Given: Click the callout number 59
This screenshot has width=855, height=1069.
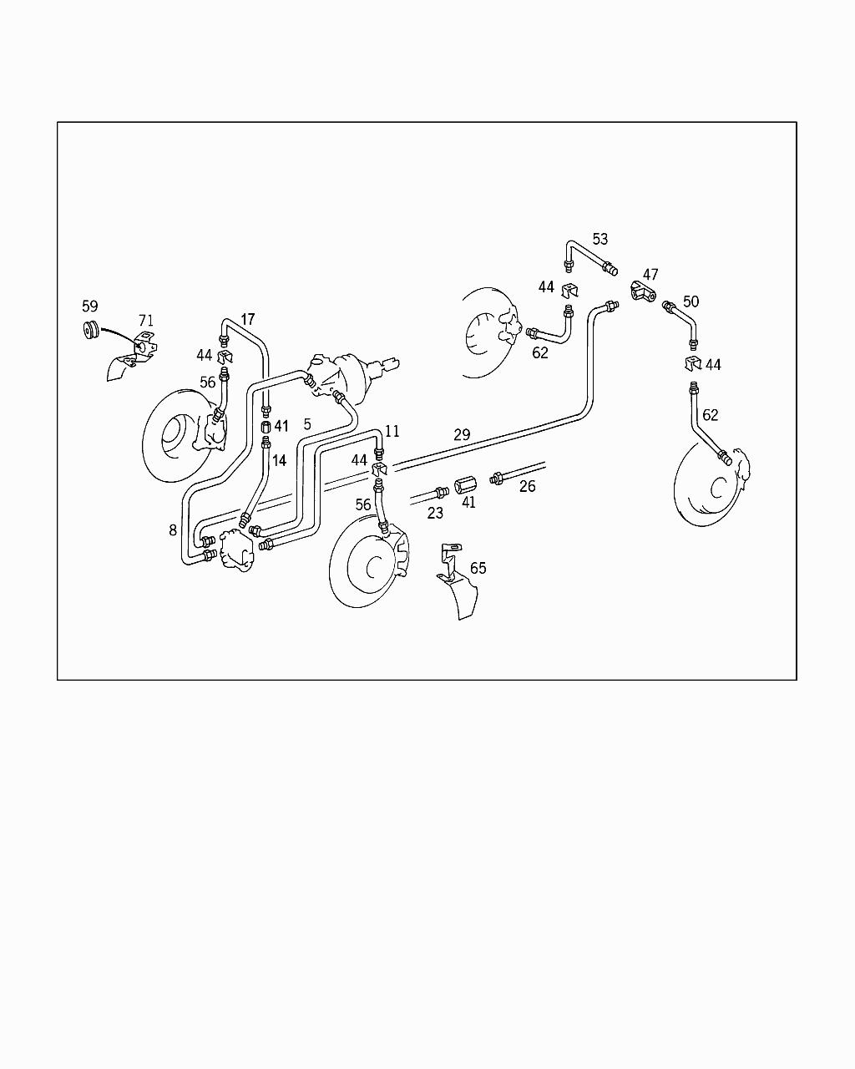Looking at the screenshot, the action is click(x=90, y=306).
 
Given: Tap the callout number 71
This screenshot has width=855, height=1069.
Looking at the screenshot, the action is click(x=145, y=321).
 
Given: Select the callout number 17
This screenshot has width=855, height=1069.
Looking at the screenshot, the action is click(x=247, y=319).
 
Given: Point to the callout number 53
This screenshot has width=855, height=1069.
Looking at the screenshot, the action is click(x=600, y=239).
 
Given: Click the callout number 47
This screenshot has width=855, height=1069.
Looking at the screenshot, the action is click(x=650, y=274).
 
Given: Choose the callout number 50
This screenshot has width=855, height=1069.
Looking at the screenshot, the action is click(x=691, y=301).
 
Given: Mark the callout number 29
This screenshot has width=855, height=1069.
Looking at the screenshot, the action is click(x=462, y=434).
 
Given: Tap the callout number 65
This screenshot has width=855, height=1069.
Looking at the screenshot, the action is click(x=478, y=568).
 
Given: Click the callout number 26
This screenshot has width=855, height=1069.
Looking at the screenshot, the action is click(x=527, y=486).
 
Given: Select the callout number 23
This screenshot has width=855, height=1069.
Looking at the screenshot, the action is click(x=435, y=513).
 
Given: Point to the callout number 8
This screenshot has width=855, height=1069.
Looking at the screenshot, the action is click(x=172, y=530).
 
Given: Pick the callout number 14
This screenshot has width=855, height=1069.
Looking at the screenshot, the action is click(x=279, y=460).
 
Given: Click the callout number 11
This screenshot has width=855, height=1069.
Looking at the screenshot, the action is click(x=392, y=431).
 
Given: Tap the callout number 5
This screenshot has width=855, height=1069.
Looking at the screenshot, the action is click(x=307, y=424).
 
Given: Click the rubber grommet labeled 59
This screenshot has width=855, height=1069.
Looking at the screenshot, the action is click(x=91, y=330).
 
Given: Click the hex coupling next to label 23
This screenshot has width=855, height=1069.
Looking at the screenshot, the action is click(x=466, y=485).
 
